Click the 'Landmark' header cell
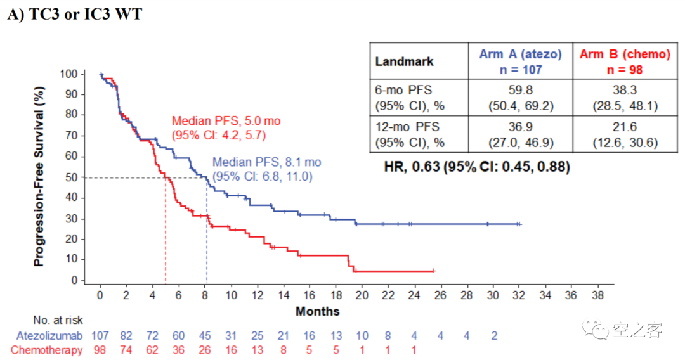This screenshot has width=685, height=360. [405, 61]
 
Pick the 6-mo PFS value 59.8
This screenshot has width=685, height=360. [520, 90]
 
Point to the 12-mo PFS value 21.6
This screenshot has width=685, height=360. [625, 127]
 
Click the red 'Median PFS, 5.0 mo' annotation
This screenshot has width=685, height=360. [226, 120]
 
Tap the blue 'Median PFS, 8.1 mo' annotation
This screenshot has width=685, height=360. [267, 162]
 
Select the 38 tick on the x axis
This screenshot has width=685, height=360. [597, 296]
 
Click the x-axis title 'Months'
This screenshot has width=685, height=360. [317, 311]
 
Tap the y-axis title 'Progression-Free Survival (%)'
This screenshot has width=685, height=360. [39, 177]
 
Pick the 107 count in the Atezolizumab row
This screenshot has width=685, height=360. [100, 335]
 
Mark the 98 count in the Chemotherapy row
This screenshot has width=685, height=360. [100, 350]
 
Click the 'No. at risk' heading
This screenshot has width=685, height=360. [58, 320]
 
